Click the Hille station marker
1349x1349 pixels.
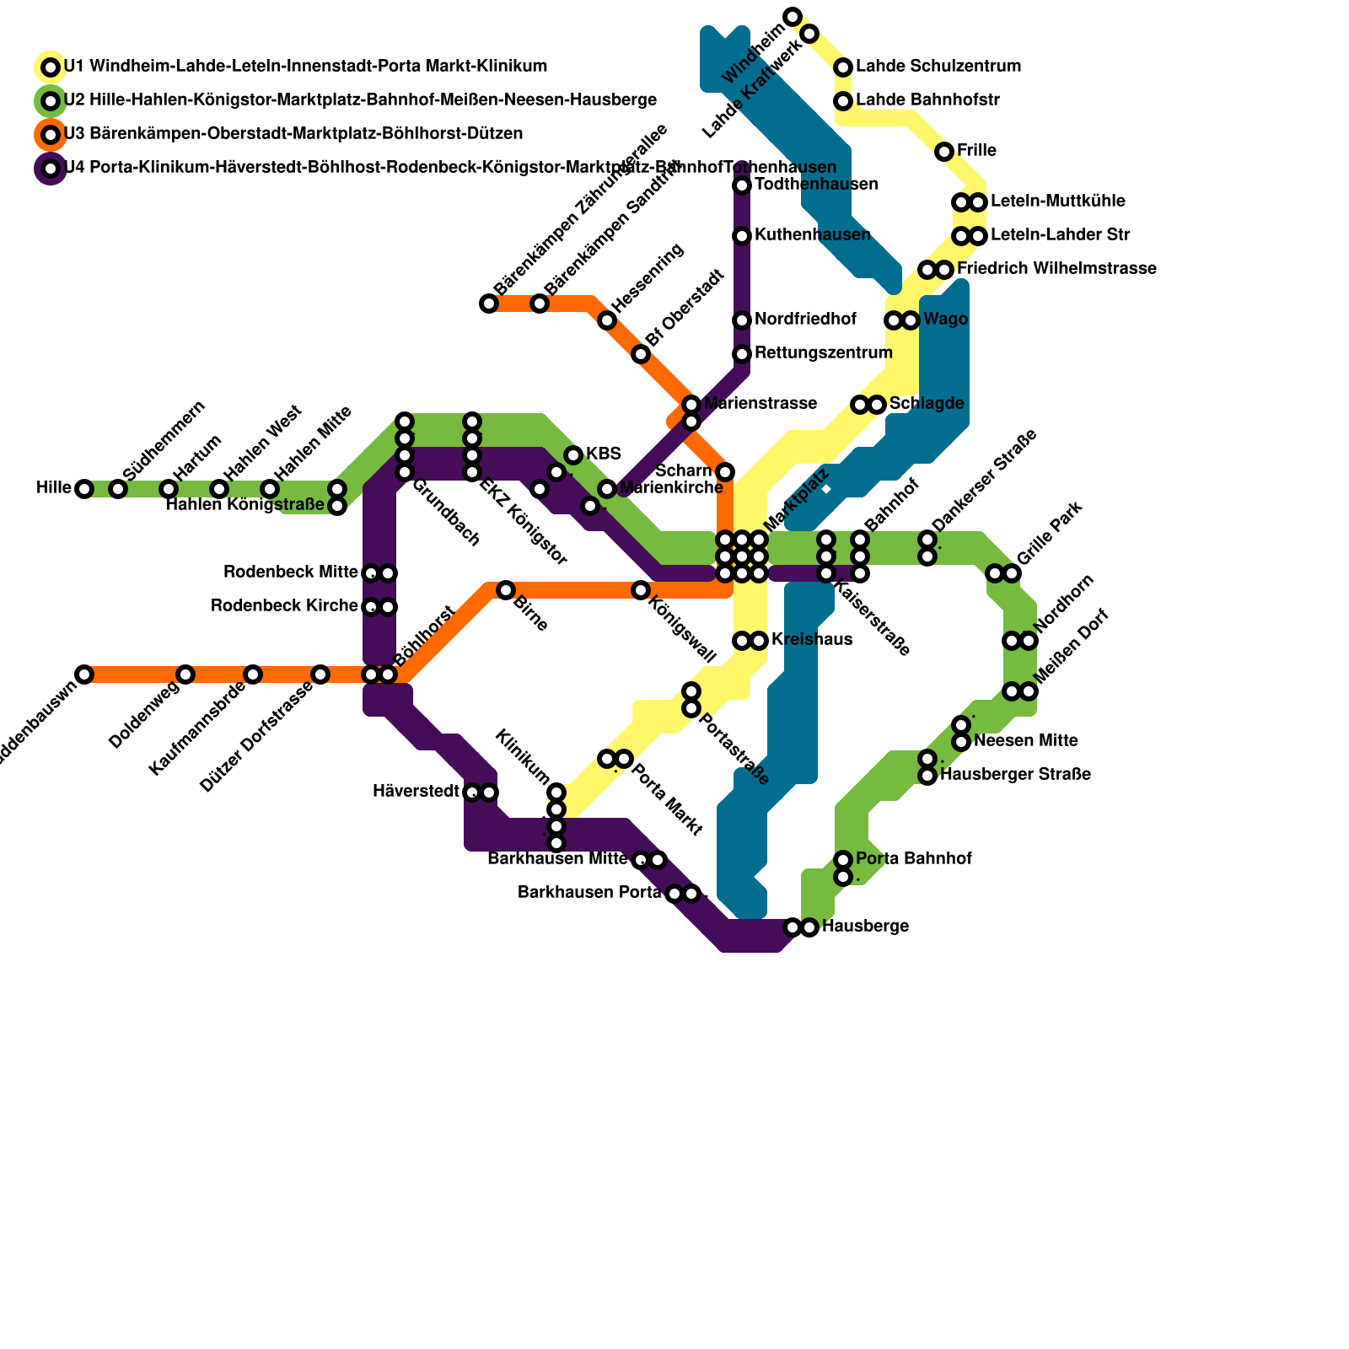pyautogui.click(x=84, y=489)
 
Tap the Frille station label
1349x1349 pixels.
pyautogui.click(x=976, y=151)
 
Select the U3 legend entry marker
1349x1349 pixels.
pyautogui.click(x=51, y=134)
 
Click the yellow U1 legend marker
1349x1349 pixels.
pyautogui.click(x=51, y=67)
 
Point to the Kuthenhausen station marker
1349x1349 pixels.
pyautogui.click(x=742, y=236)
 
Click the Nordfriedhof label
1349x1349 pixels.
pyautogui.click(x=805, y=320)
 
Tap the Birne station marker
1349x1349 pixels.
pyautogui.click(x=506, y=590)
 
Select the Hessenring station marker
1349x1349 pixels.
pyautogui.click(x=607, y=320)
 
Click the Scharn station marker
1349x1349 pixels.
pyautogui.click(x=725, y=472)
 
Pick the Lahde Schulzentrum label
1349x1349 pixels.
pyautogui.click(x=938, y=67)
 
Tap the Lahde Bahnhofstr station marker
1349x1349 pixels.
pyautogui.click(x=843, y=101)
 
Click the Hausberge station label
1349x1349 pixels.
pyautogui.click(x=865, y=927)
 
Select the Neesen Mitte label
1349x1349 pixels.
pyautogui.click(x=1025, y=741)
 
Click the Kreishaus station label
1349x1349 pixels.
pyautogui.click(x=811, y=640)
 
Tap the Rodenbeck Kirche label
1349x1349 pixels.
pyautogui.click(x=284, y=606)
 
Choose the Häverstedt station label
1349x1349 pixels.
pyautogui.click(x=416, y=792)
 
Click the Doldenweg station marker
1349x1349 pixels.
pyautogui.click(x=185, y=674)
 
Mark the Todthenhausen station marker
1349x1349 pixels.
pyautogui.click(x=742, y=185)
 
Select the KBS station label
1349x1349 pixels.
pyautogui.click(x=603, y=454)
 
